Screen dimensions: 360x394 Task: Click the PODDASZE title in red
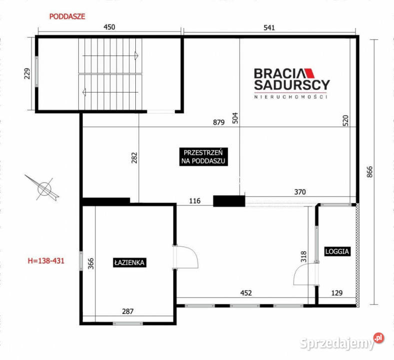point(67,16)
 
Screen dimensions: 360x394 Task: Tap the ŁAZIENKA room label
point(129,261)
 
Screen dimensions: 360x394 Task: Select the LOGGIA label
point(337,251)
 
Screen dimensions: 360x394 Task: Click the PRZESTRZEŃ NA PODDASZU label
point(205,156)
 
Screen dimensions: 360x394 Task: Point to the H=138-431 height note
point(46,260)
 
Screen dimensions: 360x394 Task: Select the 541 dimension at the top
point(269,28)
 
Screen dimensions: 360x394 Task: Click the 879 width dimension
point(216,121)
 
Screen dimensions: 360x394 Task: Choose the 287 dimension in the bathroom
point(128,311)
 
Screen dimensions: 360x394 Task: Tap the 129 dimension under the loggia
point(338,293)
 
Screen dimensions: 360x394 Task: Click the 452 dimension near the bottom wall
point(246,293)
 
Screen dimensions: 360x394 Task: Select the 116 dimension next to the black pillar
point(195,201)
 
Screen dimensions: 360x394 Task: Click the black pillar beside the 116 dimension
point(229,200)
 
